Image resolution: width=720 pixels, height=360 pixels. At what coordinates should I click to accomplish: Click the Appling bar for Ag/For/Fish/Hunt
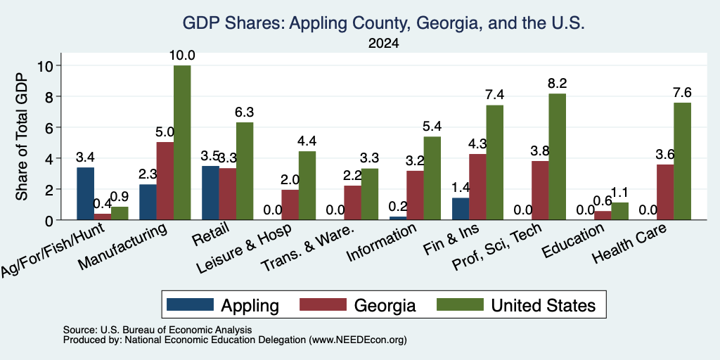pyautogui.click(x=85, y=194)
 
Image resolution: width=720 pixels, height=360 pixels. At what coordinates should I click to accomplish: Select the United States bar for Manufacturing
pyautogui.click(x=182, y=143)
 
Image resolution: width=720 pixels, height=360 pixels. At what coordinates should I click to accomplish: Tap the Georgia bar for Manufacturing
pyautogui.click(x=165, y=181)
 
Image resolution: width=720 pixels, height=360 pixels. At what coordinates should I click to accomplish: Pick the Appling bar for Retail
pyautogui.click(x=210, y=193)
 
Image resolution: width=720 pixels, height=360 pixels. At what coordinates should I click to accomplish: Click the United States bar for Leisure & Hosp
pyautogui.click(x=307, y=186)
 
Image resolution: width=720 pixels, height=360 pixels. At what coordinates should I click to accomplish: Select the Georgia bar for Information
pyautogui.click(x=415, y=195)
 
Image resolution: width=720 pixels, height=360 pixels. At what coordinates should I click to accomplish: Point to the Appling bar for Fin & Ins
pyautogui.click(x=461, y=209)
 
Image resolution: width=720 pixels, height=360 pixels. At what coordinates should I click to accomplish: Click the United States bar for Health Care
pyautogui.click(x=682, y=161)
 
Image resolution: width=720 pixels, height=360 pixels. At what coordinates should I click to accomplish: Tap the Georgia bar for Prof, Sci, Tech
pyautogui.click(x=540, y=191)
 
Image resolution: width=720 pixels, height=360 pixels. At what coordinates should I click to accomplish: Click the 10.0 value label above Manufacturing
pyautogui.click(x=182, y=56)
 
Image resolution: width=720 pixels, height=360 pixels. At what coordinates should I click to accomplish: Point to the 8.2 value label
pyautogui.click(x=557, y=84)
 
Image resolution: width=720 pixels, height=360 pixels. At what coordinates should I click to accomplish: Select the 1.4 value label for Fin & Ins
pyautogui.click(x=461, y=188)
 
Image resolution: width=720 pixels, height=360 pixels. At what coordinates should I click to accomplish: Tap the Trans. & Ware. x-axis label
pyautogui.click(x=307, y=248)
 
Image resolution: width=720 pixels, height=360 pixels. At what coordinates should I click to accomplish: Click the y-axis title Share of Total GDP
pyautogui.click(x=22, y=136)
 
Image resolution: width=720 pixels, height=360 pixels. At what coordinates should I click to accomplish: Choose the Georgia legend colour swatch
pyautogui.click(x=323, y=304)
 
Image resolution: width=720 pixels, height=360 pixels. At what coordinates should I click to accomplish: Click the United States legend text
pyautogui.click(x=544, y=305)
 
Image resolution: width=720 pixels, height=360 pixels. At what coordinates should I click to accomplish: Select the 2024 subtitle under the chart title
pyautogui.click(x=383, y=44)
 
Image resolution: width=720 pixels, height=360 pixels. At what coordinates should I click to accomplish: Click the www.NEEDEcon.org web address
pyautogui.click(x=358, y=340)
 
